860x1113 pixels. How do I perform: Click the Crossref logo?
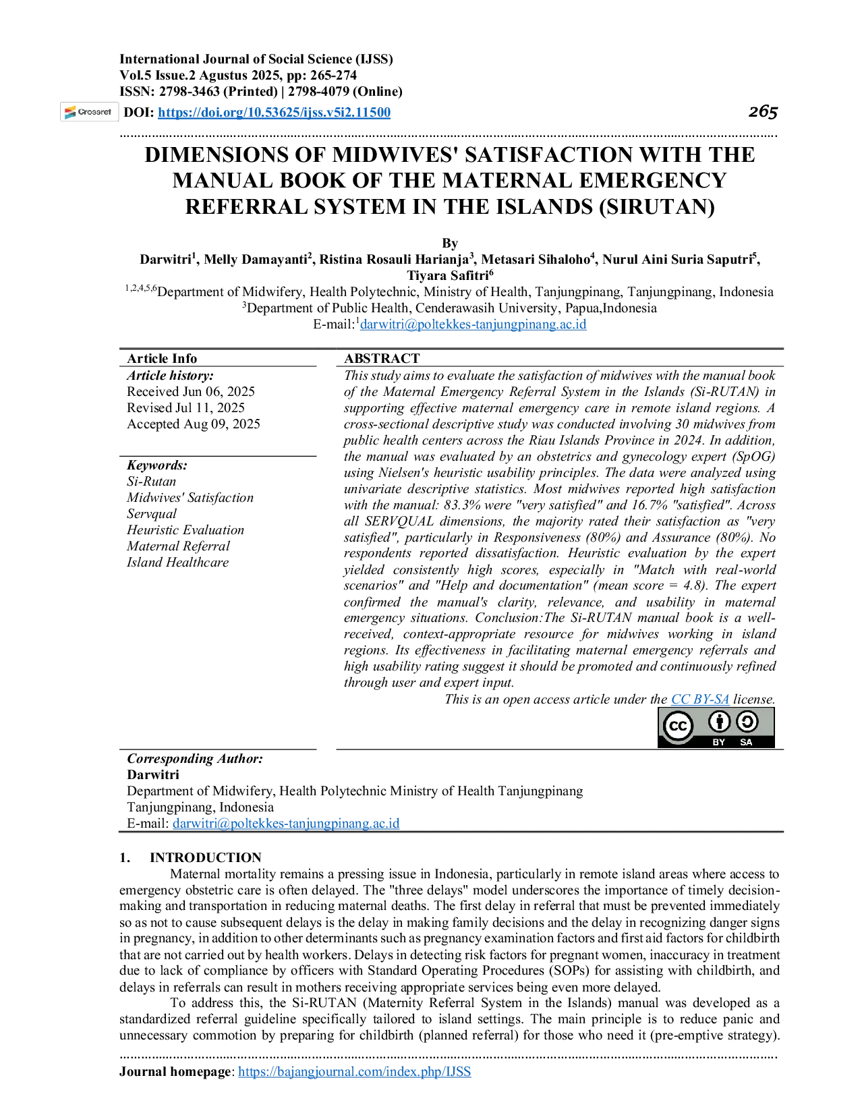pos(89,112)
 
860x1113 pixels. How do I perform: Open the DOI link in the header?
pos(274,112)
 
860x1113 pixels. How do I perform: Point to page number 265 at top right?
pos(763,111)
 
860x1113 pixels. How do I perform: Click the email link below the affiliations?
pos(474,324)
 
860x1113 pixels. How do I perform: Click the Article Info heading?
pos(162,358)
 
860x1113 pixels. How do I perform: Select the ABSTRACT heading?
pos(382,358)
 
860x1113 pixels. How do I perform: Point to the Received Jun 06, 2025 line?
pos(190,391)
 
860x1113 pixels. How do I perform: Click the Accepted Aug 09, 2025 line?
pos(193,424)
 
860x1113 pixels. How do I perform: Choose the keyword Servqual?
pos(152,514)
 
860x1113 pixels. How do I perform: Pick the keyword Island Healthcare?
pos(178,563)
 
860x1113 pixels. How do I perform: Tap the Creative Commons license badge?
pos(716,728)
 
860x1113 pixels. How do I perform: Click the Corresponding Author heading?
pos(195,759)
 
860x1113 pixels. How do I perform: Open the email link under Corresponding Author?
pos(286,823)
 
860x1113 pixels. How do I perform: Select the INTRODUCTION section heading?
pos(206,857)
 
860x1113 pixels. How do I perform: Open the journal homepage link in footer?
pos(354,1071)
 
